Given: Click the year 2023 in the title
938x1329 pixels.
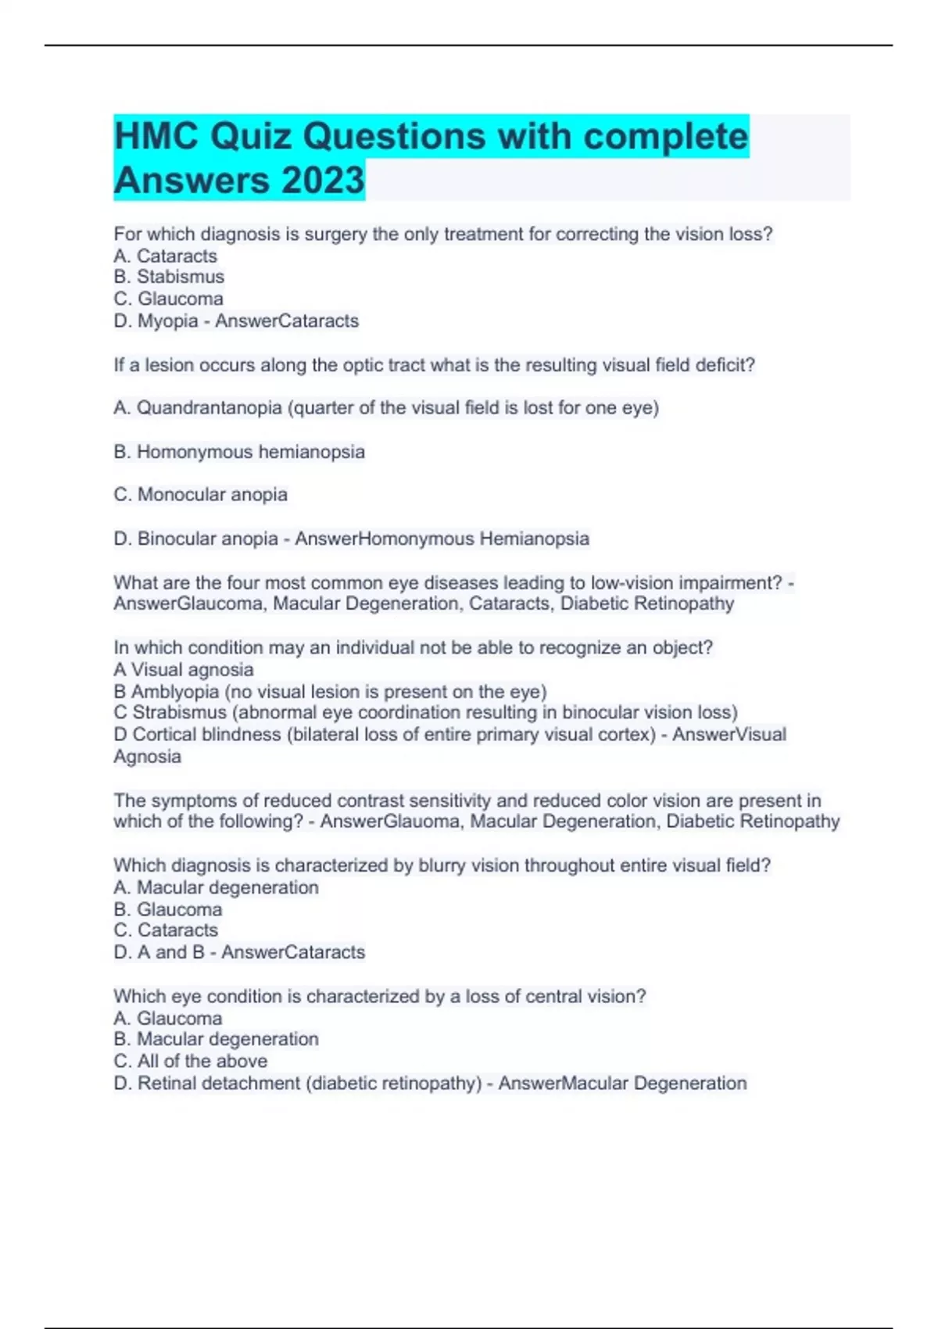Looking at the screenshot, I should pyautogui.click(x=322, y=180).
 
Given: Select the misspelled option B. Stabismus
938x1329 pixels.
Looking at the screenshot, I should pyautogui.click(x=169, y=277).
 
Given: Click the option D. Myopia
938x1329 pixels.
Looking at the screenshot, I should pyautogui.click(x=156, y=321).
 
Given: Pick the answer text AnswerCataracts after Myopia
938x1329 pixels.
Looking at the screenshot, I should pyautogui.click(x=287, y=321).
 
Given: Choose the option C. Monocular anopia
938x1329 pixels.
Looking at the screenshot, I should pyautogui.click(x=201, y=495).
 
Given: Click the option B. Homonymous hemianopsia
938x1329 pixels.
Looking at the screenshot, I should pyautogui.click(x=239, y=452).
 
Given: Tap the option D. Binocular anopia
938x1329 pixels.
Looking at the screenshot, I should pyautogui.click(x=195, y=539).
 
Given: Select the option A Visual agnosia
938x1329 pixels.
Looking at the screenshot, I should pyautogui.click(x=184, y=670).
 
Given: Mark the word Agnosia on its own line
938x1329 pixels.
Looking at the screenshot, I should pyautogui.click(x=147, y=757).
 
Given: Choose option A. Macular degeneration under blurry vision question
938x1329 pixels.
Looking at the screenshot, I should pyautogui.click(x=216, y=888).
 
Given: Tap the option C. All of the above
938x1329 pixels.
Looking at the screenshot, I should pyautogui.click(x=190, y=1061).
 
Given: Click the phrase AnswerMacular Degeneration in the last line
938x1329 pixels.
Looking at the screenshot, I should pyautogui.click(x=622, y=1084).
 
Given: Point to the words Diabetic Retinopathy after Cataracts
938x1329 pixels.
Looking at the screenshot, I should pyautogui.click(x=647, y=604).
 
